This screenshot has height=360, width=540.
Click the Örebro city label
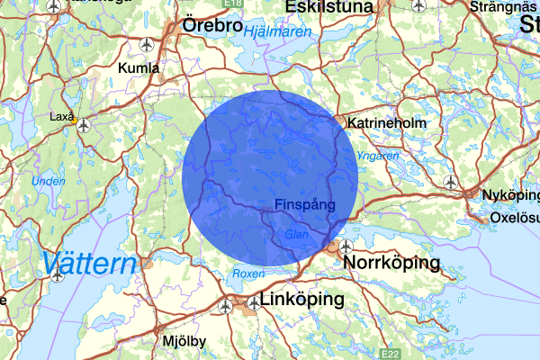pos(211,26)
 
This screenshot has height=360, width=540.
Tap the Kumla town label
pos(139,67)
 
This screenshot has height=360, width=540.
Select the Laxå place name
pos(62,115)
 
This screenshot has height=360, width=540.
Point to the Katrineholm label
pos(389,121)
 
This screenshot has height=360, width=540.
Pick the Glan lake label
pos(296,234)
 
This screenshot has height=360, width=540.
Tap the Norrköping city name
pos(392,263)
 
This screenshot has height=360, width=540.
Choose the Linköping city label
pos(302,299)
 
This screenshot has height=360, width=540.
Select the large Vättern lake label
pos(89,264)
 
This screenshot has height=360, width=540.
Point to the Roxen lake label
pos(247,273)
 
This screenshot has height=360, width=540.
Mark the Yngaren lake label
pos(379,156)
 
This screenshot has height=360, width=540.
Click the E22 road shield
pos(390,355)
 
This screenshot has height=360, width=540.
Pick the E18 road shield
pos(235,4)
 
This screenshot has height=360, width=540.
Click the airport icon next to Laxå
pos(84,125)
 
